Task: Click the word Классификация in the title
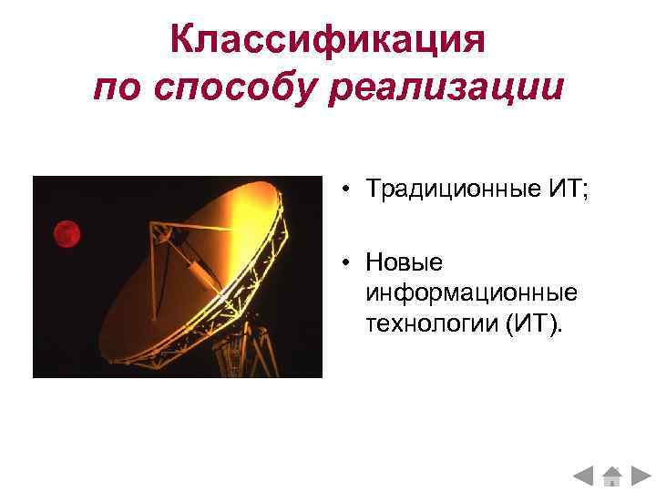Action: click(328, 41)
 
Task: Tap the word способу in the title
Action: click(243, 89)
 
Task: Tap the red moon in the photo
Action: click(66, 233)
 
